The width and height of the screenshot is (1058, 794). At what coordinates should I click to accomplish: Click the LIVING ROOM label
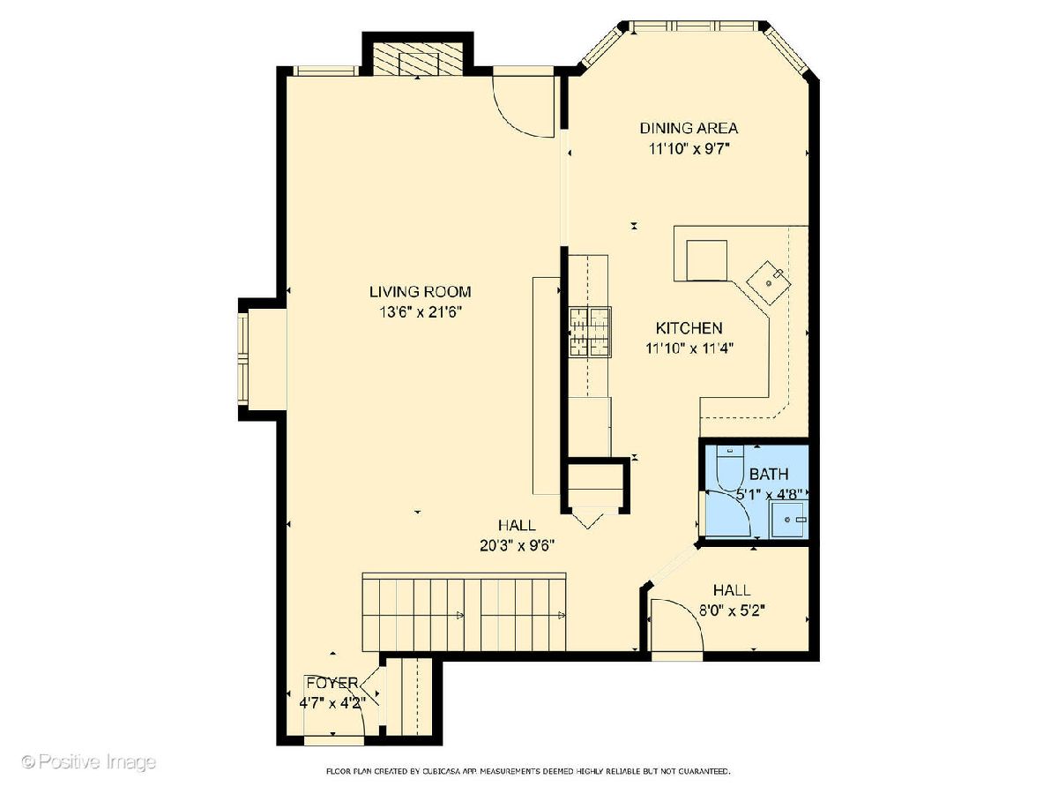(x=420, y=292)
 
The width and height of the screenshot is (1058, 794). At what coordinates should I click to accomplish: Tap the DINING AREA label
(x=689, y=128)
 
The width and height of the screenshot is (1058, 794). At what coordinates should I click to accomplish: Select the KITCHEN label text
(x=689, y=328)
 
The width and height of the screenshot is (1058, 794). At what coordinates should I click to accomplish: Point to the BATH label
(x=769, y=475)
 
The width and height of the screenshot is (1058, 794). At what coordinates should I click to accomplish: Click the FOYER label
(x=332, y=683)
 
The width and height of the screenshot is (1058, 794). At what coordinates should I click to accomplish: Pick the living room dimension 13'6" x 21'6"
(x=421, y=312)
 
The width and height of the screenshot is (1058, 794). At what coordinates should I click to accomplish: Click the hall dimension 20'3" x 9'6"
(x=518, y=545)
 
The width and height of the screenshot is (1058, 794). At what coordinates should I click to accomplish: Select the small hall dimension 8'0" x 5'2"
(x=732, y=610)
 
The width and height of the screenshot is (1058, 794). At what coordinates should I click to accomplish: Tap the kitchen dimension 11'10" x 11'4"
(x=689, y=348)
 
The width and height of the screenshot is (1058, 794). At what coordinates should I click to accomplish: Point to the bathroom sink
(x=788, y=520)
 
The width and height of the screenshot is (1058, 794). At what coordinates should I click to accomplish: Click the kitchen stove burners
(x=590, y=332)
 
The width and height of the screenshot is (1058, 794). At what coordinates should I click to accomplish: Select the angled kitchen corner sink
(x=769, y=283)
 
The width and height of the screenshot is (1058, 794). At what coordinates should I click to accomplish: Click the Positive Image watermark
(x=89, y=762)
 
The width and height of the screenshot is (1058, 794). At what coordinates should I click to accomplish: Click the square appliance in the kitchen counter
(x=706, y=260)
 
